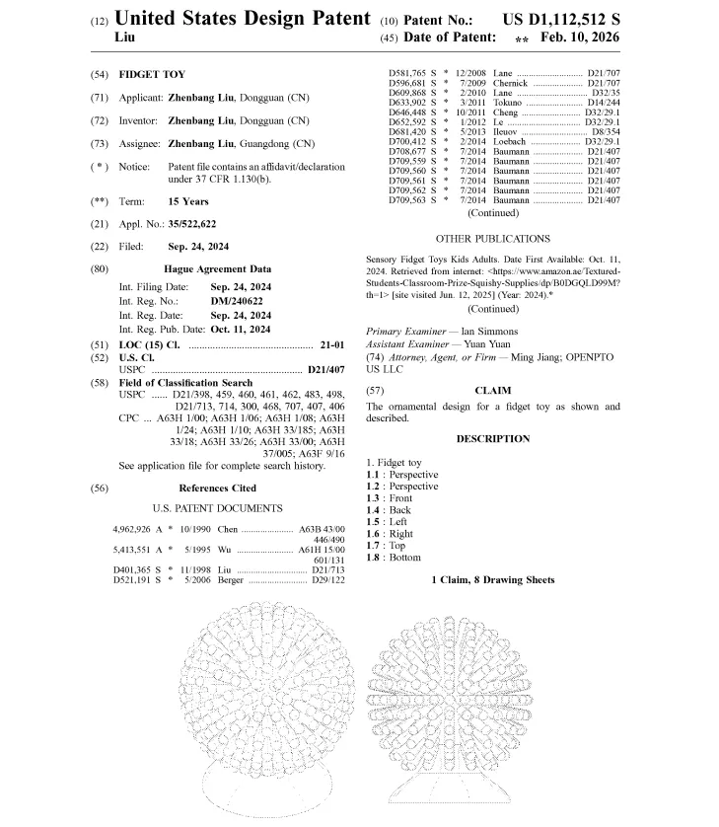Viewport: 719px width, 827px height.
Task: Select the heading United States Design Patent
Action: [x=243, y=19]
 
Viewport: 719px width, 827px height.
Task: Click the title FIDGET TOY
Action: [x=152, y=75]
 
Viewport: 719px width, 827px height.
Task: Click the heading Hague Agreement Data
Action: [x=217, y=268]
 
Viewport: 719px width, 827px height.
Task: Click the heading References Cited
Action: [x=217, y=488]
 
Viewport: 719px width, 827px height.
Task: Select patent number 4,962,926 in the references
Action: [x=131, y=529]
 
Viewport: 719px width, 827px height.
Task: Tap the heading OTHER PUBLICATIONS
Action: [x=493, y=239]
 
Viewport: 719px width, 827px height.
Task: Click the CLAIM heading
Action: [x=493, y=391]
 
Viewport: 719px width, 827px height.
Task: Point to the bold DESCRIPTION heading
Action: [x=493, y=438]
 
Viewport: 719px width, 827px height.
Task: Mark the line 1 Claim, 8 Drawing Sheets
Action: [x=493, y=579]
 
